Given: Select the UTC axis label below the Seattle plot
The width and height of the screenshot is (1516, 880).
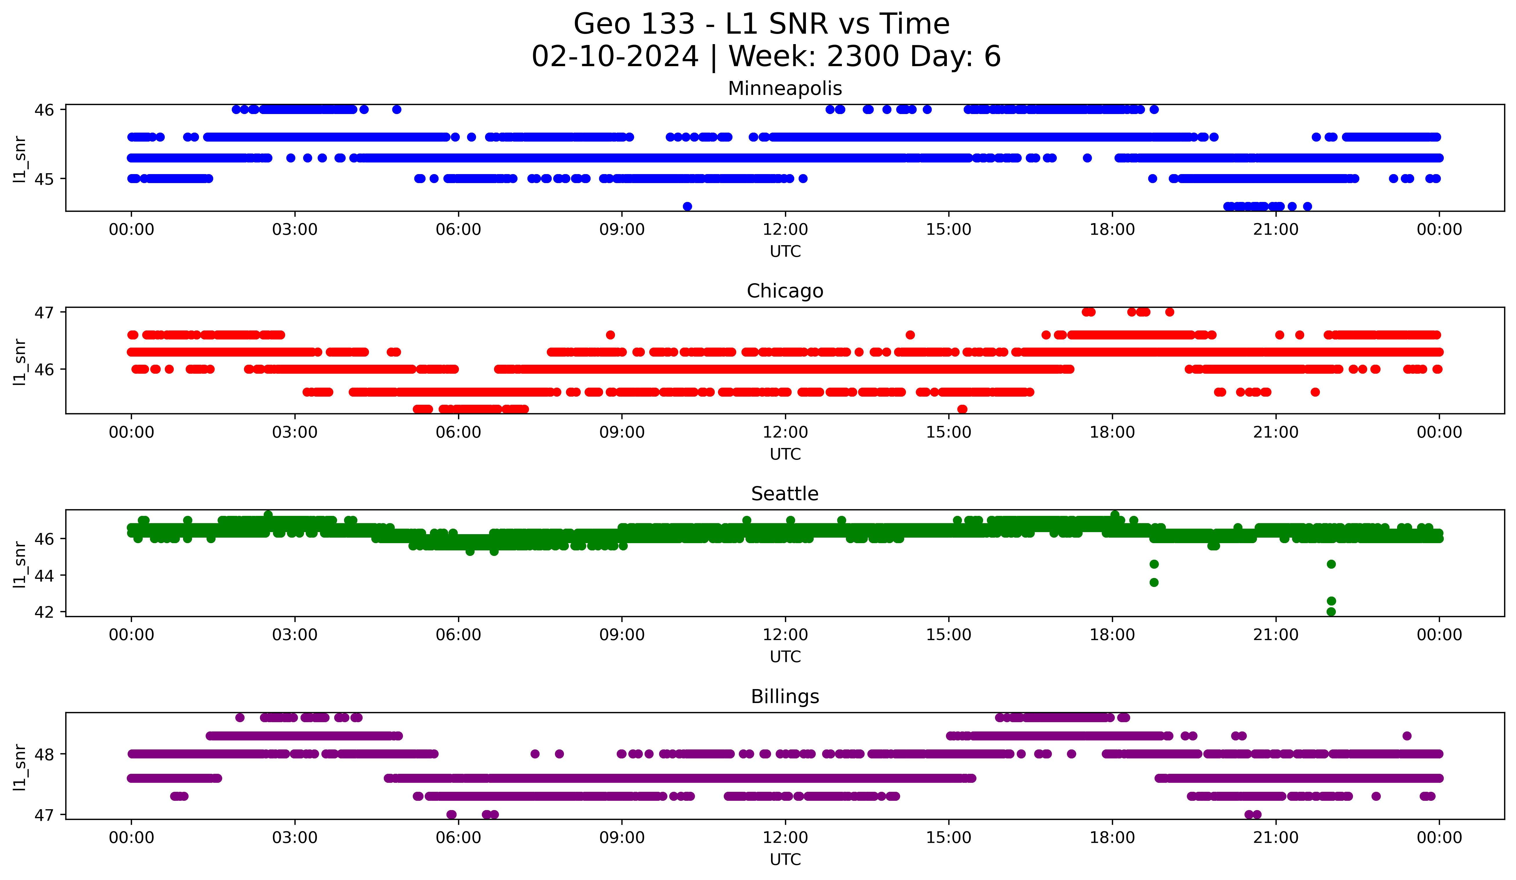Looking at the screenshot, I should click(x=785, y=657).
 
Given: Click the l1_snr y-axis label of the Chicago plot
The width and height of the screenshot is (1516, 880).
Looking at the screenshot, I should click(x=20, y=361).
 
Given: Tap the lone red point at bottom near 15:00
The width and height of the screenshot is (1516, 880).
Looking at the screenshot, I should click(x=962, y=409).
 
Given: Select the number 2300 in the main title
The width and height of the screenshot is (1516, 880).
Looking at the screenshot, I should click(x=864, y=57).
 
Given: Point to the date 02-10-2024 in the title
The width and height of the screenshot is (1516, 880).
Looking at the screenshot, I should click(x=615, y=57).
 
